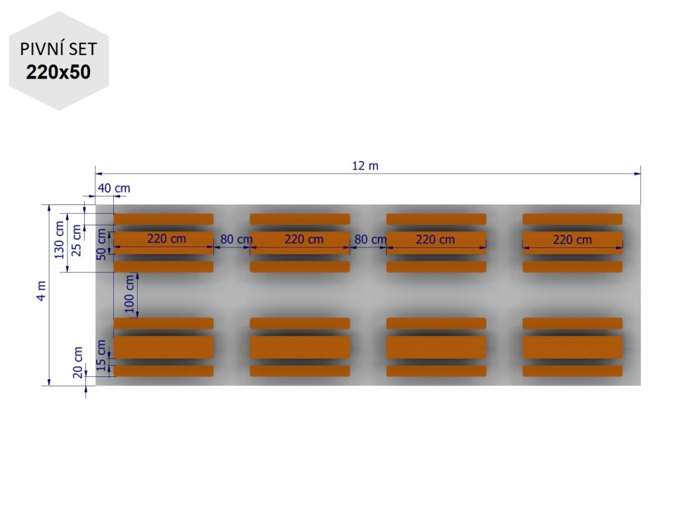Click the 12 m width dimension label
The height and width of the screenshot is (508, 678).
[x=365, y=165]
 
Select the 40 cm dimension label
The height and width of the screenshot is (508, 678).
[x=114, y=189]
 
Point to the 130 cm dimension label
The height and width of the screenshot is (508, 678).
[x=60, y=239]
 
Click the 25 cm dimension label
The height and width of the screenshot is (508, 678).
[x=77, y=232]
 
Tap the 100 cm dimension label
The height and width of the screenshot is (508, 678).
[x=130, y=294]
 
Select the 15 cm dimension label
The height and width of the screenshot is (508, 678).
[x=101, y=355]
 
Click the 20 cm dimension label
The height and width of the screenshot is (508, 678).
[x=78, y=363]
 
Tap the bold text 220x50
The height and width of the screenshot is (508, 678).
[x=58, y=72]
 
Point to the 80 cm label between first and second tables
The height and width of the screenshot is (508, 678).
[x=235, y=239]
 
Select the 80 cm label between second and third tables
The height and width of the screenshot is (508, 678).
[x=369, y=239]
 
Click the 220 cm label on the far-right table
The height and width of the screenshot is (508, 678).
[x=572, y=239]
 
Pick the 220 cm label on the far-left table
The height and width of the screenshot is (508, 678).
[x=166, y=239]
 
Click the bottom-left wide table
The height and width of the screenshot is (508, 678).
[x=164, y=347]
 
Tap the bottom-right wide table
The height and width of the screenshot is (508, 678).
[x=572, y=347]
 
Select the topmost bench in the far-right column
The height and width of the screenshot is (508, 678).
[x=572, y=219]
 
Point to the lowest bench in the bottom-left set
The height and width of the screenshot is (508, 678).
[x=164, y=371]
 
